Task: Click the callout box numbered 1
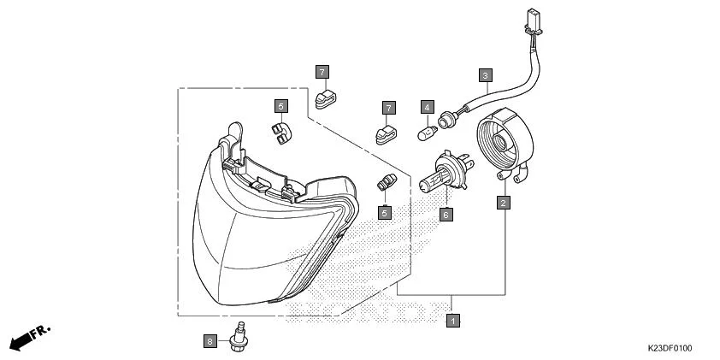(x=453, y=321)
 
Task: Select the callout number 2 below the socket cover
(x=505, y=203)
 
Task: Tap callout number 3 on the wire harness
(x=485, y=74)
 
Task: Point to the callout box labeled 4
(x=426, y=107)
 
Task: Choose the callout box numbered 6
(x=445, y=215)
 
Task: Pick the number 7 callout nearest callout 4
(x=388, y=108)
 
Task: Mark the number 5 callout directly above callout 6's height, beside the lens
(x=385, y=211)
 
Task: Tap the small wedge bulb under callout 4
(x=426, y=134)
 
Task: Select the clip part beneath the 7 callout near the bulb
(x=385, y=134)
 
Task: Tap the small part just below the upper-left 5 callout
(x=280, y=131)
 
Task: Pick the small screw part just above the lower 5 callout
(x=387, y=183)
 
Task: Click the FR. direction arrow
(x=29, y=337)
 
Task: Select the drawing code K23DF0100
(x=670, y=348)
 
